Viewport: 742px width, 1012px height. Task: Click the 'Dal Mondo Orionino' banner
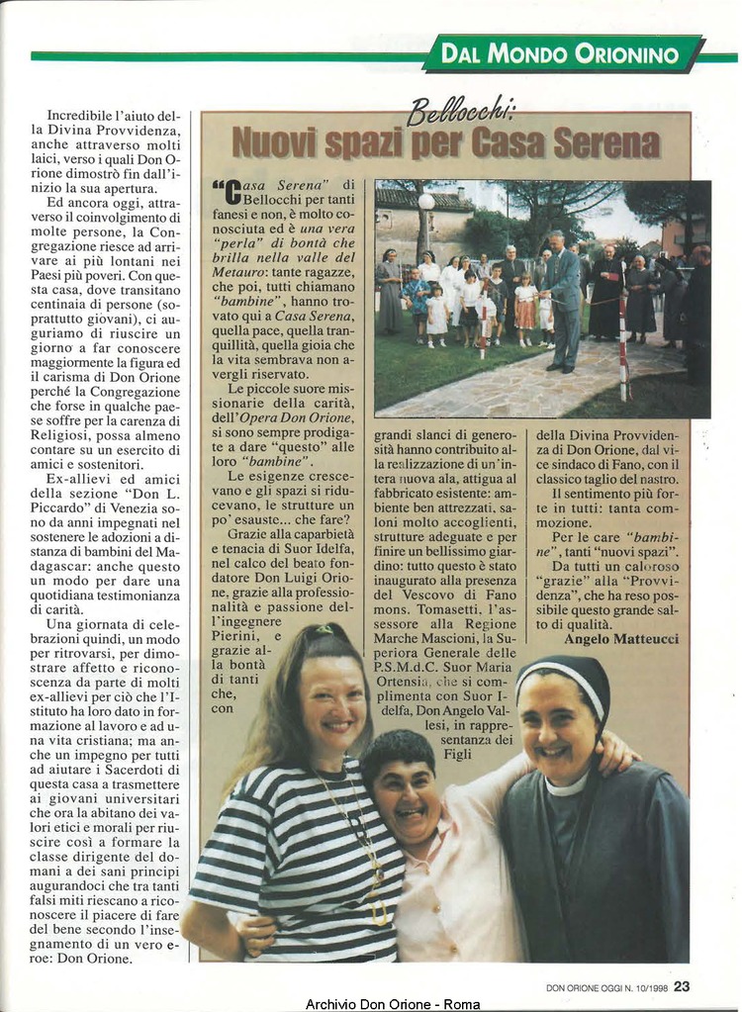[562, 53]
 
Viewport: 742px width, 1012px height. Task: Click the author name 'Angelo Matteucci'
[621, 639]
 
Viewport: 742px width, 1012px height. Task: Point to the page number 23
[683, 985]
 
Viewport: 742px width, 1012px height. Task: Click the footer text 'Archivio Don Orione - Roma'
[393, 1004]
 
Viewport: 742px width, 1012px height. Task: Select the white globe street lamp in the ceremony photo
[426, 202]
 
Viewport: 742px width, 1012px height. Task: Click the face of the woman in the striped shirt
[332, 701]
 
